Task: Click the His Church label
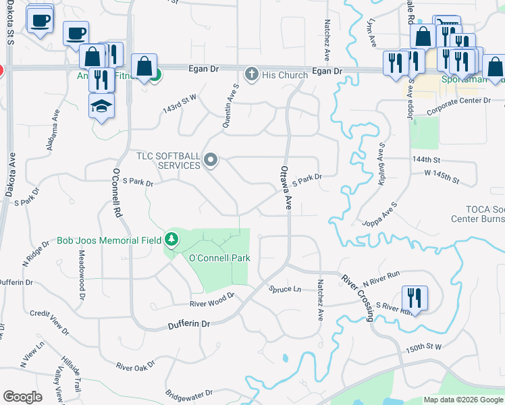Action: pos(285,75)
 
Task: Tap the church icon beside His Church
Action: pos(252,74)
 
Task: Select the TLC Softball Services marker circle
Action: pos(211,160)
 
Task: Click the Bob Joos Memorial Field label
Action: pos(109,240)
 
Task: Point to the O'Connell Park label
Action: pos(219,258)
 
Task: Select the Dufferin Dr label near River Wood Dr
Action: pos(188,325)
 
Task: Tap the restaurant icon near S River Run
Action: pos(415,298)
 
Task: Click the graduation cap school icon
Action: pos(102,107)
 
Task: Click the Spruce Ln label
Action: pos(284,289)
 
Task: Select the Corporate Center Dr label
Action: pos(461,101)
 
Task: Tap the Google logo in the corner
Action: pos(22,397)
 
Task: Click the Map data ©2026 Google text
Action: pos(463,400)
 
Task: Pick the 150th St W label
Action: pos(423,347)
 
